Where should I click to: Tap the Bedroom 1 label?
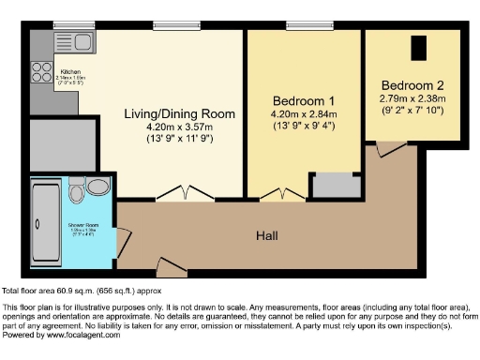tap(304, 100)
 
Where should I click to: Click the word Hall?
tap(266, 235)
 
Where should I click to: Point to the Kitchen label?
tap(71, 72)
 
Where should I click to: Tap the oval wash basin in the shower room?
tap(97, 187)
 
